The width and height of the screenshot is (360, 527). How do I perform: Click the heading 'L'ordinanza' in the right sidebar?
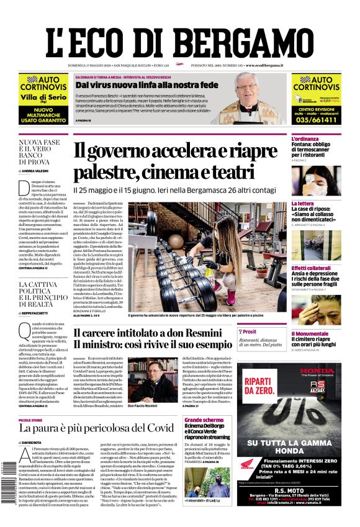(305, 138)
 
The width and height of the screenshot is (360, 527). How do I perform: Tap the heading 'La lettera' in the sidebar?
(303, 203)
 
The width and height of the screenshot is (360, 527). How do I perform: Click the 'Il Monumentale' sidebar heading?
(310, 333)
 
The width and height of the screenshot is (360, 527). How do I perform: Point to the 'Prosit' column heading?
(251, 332)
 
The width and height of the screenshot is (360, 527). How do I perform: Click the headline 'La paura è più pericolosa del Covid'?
(96, 428)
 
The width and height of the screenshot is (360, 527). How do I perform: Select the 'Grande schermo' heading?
(204, 420)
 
